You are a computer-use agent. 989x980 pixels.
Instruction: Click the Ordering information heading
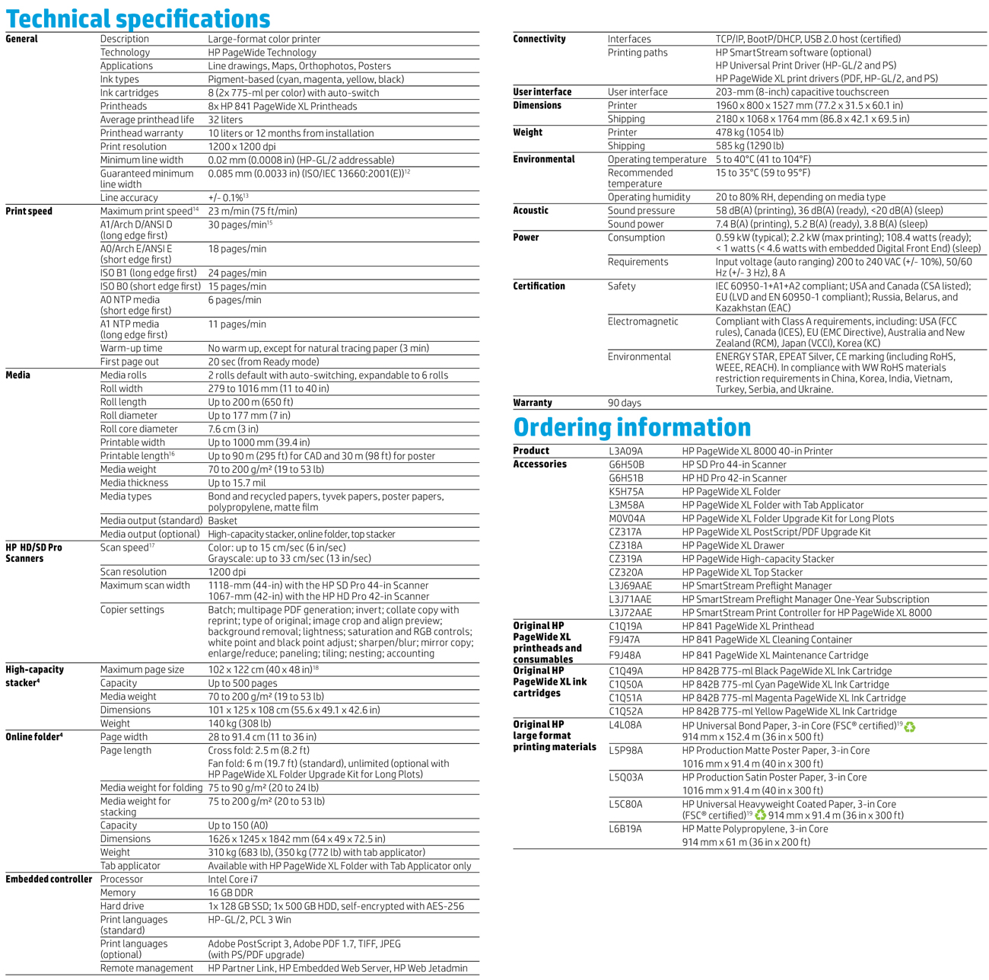[x=631, y=427]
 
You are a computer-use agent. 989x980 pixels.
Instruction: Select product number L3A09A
[x=625, y=451]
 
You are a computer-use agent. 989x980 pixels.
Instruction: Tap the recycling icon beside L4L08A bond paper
[x=910, y=726]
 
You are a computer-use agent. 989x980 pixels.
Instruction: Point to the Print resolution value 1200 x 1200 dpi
[x=242, y=146]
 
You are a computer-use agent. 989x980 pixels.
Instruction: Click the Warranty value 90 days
[x=624, y=403]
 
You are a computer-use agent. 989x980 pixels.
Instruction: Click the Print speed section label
[x=29, y=211]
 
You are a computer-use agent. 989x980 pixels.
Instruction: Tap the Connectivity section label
[x=539, y=39]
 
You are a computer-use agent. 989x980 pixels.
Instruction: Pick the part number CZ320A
[x=625, y=572]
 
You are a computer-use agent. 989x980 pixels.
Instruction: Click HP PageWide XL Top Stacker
[x=742, y=572]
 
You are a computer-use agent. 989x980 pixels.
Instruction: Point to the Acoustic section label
[x=531, y=210]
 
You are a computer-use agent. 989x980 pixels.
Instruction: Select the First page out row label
[x=129, y=362]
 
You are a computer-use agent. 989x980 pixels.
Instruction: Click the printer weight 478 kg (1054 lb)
[x=749, y=132]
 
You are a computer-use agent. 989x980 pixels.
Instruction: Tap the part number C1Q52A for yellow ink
[x=625, y=711]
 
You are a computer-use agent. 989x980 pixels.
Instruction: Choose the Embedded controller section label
[x=49, y=879]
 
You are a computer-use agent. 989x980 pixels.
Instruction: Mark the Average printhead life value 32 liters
[x=226, y=120]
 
